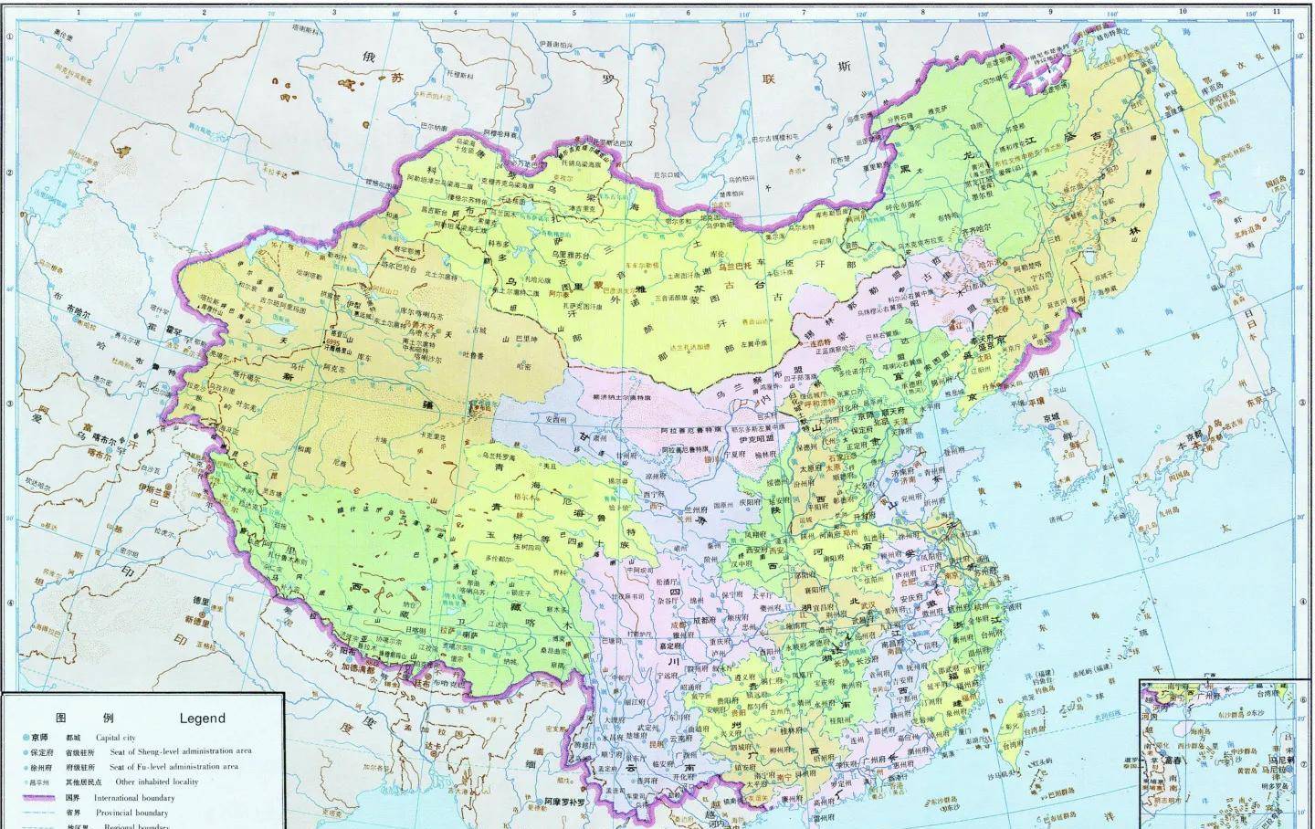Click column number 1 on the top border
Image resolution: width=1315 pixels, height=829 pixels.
[79, 12]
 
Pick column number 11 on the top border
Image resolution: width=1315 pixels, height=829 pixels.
[1276, 12]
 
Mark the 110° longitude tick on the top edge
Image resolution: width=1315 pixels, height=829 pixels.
[744, 15]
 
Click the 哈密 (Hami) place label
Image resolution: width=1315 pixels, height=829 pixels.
[522, 366]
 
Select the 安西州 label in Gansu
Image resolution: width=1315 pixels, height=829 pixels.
[556, 419]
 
